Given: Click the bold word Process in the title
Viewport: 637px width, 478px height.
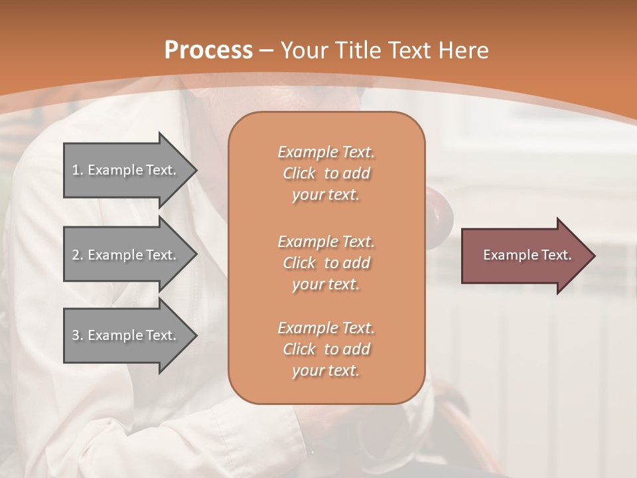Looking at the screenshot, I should (208, 50).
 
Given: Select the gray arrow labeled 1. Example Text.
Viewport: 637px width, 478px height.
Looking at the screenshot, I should (126, 170).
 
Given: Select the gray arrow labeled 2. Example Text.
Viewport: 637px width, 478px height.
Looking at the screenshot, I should (126, 255).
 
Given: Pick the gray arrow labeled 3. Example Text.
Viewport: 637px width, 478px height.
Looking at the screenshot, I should (126, 335).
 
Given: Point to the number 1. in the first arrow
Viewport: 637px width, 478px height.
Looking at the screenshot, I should (78, 170).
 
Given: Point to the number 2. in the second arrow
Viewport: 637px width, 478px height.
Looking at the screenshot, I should (78, 255).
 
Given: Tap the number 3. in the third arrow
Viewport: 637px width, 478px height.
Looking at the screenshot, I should (78, 335).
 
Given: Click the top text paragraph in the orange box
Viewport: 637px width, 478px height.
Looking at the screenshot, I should (326, 173).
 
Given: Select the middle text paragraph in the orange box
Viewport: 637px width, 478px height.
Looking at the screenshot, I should (326, 263).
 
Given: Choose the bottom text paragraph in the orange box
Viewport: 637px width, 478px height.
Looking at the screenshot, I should (326, 349).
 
